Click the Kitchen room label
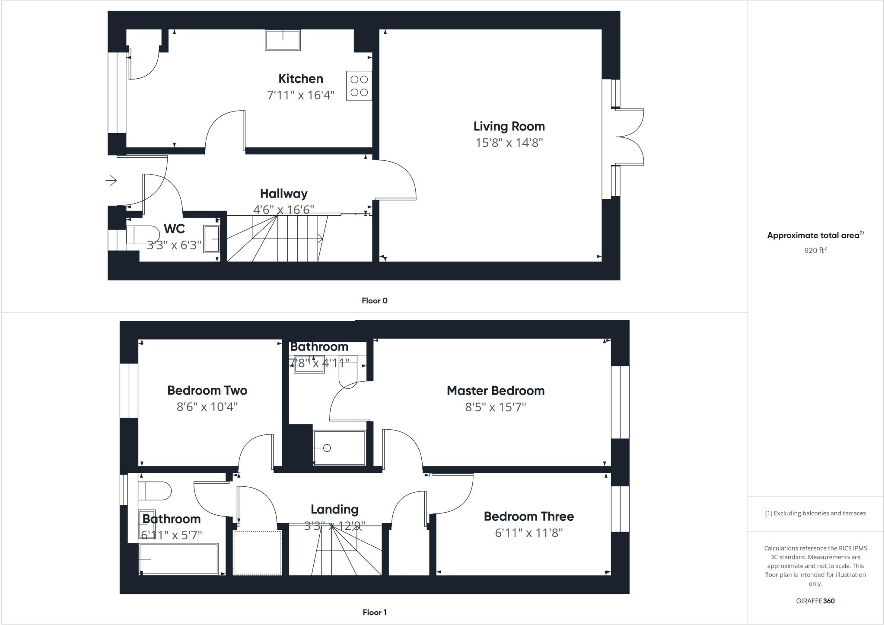point(300,79)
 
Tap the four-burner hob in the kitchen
point(359,86)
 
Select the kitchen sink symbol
point(283,40)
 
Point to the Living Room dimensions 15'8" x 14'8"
point(509,143)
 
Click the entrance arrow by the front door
point(111,180)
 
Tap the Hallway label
point(283,194)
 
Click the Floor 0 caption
point(374,301)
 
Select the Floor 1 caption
point(374,612)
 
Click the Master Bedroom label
point(495,391)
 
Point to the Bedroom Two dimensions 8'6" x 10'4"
point(207,407)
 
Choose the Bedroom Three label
point(528,517)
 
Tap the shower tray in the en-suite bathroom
point(340,448)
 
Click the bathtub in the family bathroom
point(178,559)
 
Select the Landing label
point(334,510)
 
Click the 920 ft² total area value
point(815,250)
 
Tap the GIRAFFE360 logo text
point(815,601)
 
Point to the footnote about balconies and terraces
point(815,513)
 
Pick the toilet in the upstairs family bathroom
point(155,491)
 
